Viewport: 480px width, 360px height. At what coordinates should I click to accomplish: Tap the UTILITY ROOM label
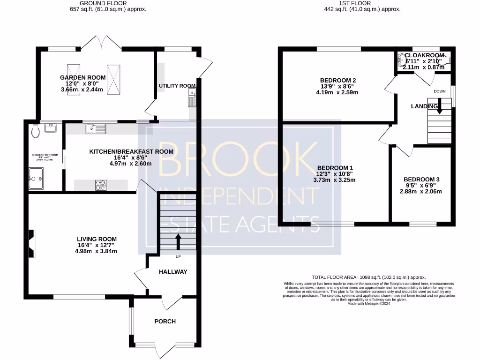pyautogui.click(x=177, y=86)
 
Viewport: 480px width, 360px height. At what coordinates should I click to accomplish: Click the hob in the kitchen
pyautogui.click(x=101, y=185)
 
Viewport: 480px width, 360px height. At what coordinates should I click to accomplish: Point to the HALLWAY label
pyautogui.click(x=172, y=272)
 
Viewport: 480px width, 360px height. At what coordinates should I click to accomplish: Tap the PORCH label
pyautogui.click(x=165, y=321)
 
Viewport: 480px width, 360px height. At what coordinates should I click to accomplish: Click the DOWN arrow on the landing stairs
pyautogui.click(x=439, y=109)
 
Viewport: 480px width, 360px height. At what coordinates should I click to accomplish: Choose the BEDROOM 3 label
pyautogui.click(x=421, y=180)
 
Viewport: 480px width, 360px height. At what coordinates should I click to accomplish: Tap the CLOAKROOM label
pyautogui.click(x=423, y=55)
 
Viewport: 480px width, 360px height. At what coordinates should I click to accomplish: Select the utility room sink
pyautogui.click(x=191, y=99)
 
